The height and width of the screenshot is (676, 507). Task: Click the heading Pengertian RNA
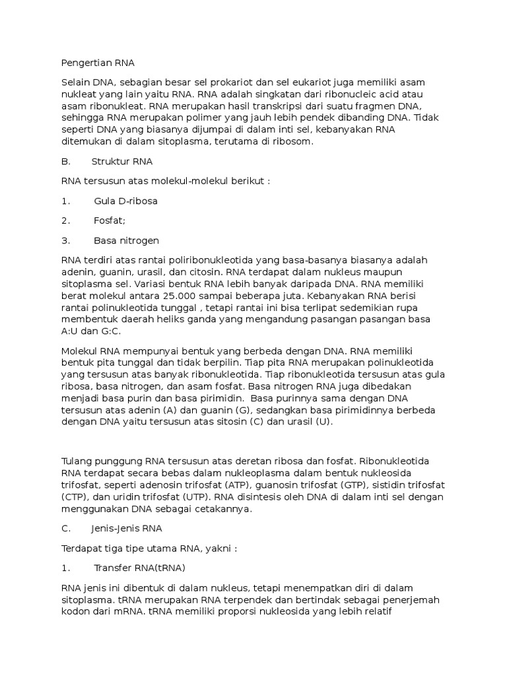(x=97, y=63)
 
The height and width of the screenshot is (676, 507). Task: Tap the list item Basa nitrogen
(x=126, y=240)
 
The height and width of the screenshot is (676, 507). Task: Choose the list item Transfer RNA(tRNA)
(x=139, y=568)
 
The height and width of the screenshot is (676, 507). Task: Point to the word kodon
(x=74, y=611)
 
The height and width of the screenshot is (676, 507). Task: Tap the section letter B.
(x=65, y=161)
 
